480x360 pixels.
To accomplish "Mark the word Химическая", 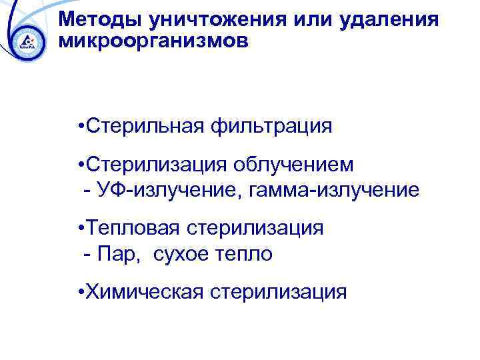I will (143, 291).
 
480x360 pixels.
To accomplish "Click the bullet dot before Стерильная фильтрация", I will (80, 126).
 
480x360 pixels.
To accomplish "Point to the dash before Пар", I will (88, 255).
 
